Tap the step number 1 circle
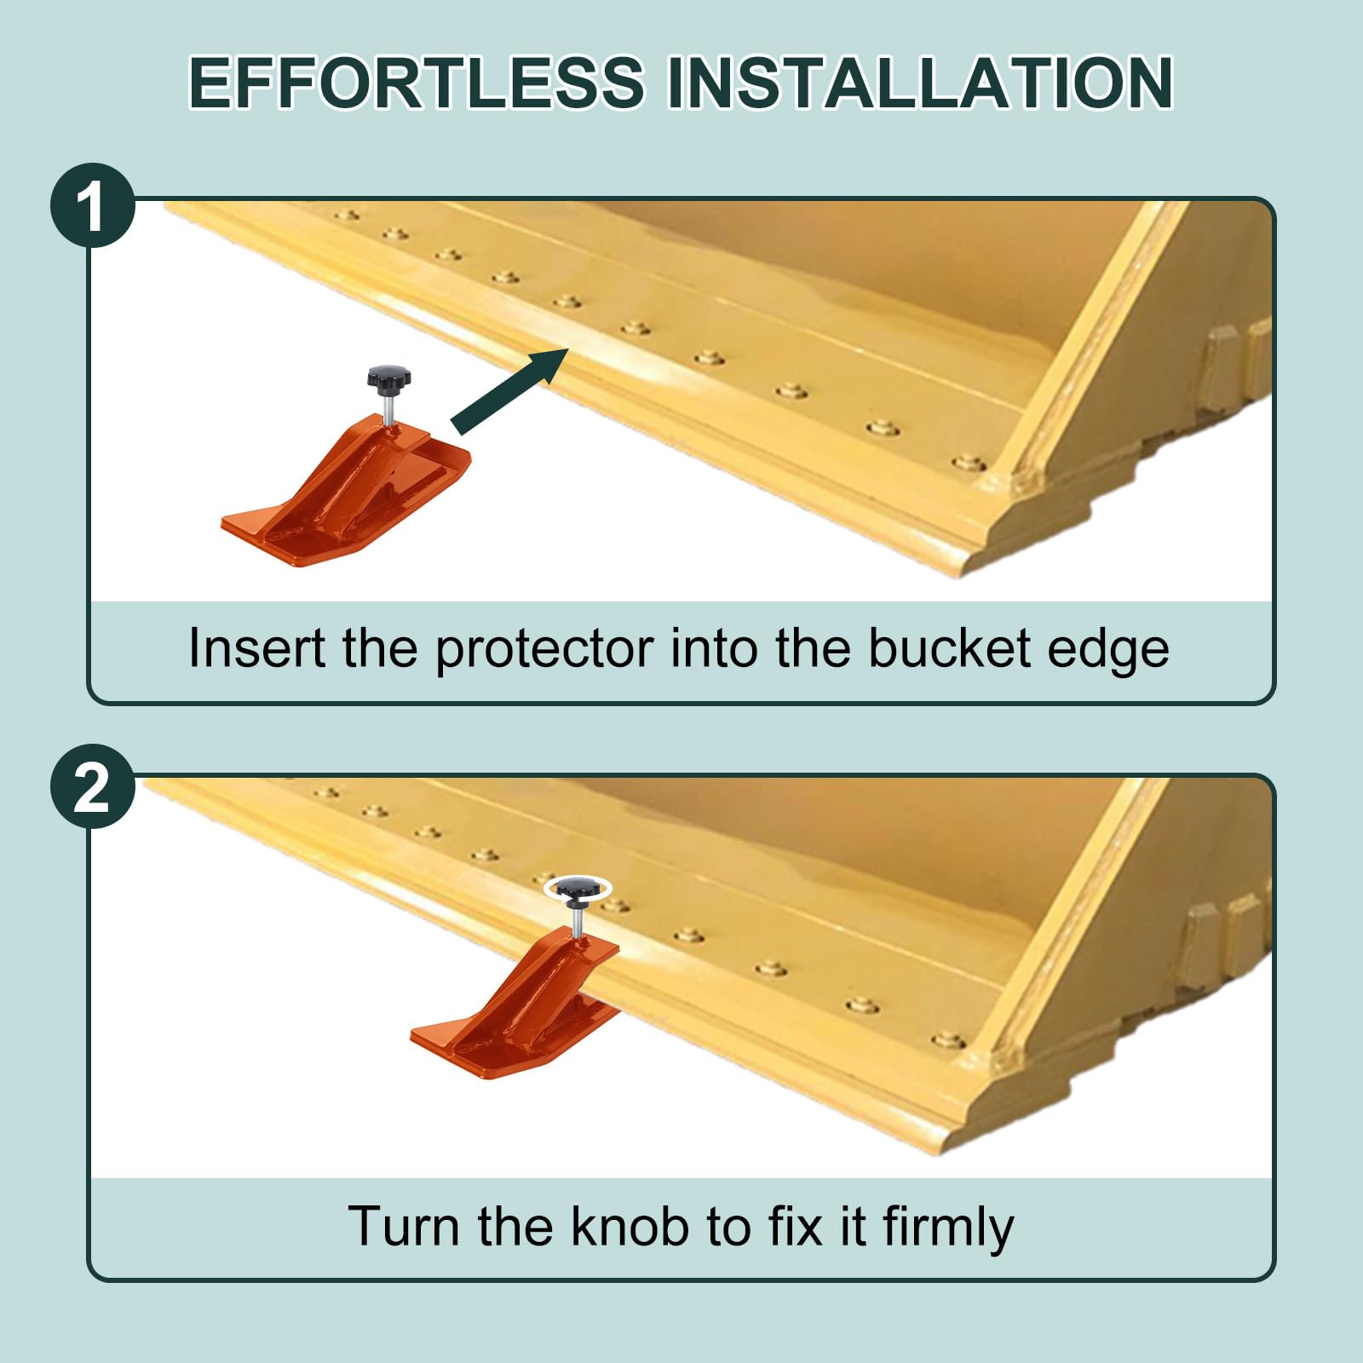[93, 205]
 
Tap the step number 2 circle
[93, 786]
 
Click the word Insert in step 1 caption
[257, 648]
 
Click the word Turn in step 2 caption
[405, 1227]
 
